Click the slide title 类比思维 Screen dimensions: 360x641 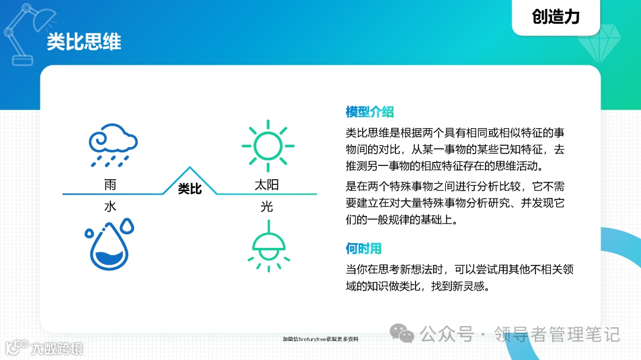point(84,42)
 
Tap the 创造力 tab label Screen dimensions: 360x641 point(556,17)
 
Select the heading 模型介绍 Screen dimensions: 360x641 point(370,111)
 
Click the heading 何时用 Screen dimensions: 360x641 point(363,249)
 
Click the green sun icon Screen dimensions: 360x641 point(268,144)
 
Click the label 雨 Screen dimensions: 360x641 point(110,185)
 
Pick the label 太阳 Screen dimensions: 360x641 point(266,185)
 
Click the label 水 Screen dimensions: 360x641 point(110,206)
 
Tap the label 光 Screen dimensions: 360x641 point(266,206)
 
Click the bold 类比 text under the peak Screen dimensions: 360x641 point(190,189)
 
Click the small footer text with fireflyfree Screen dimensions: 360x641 point(320,339)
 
